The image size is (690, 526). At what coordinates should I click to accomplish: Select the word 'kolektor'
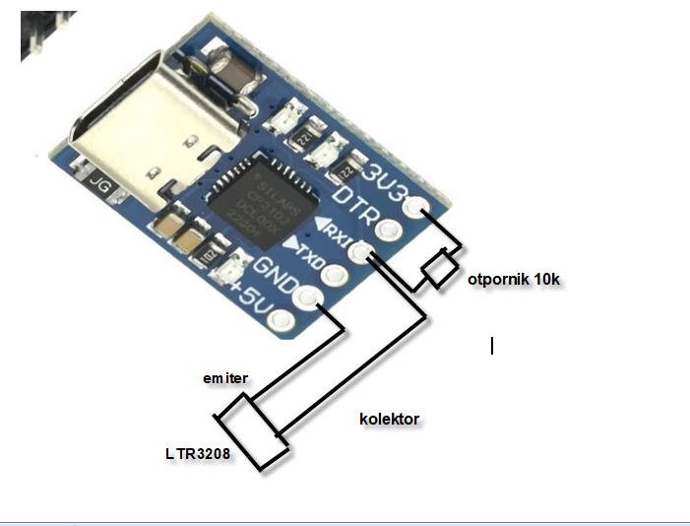389,419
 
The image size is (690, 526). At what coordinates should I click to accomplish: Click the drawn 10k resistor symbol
438,268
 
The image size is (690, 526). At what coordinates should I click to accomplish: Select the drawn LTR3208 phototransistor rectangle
253,434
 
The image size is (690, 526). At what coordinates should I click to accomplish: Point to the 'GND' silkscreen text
277,272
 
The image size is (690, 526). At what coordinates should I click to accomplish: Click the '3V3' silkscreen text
385,175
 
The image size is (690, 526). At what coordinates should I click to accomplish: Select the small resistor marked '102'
209,255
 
